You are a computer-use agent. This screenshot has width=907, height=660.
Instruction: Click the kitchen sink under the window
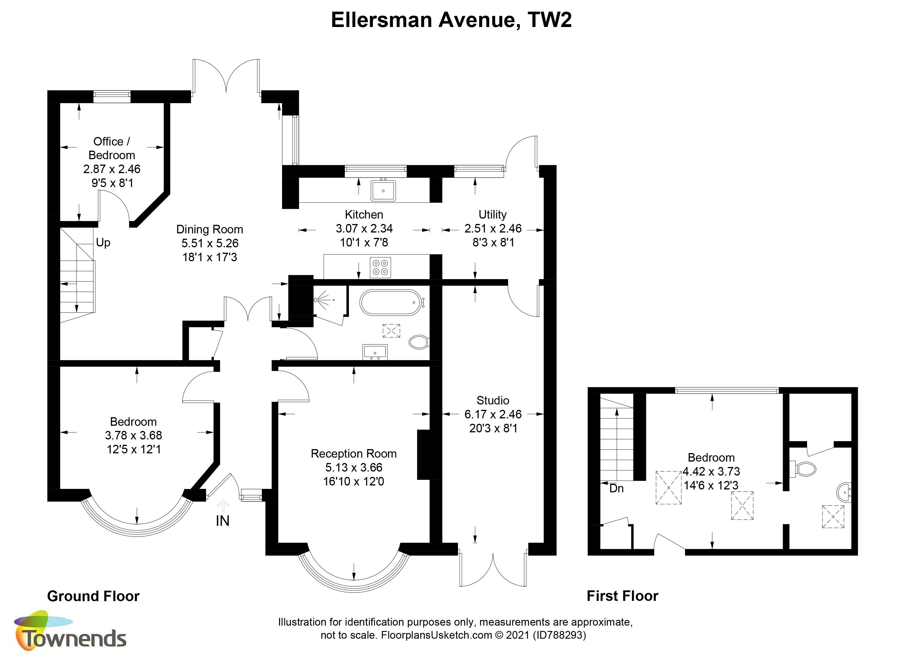point(383,190)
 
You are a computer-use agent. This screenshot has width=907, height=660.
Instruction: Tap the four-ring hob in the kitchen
point(380,267)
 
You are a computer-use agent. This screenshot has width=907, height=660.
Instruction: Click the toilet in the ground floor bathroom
point(419,342)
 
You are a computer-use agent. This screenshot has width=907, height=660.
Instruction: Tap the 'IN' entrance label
point(223,521)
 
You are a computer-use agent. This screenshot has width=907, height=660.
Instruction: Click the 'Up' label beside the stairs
point(103,243)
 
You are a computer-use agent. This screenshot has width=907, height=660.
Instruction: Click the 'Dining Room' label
point(210,229)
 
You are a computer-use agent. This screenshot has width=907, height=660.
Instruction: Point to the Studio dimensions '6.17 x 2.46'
point(493,414)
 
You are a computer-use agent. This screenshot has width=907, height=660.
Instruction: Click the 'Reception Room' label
point(353,454)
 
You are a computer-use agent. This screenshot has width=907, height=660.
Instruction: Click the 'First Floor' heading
point(622,596)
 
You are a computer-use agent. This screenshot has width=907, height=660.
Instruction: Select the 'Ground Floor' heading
point(93,596)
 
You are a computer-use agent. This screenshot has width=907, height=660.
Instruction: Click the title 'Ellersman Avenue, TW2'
point(452,20)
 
